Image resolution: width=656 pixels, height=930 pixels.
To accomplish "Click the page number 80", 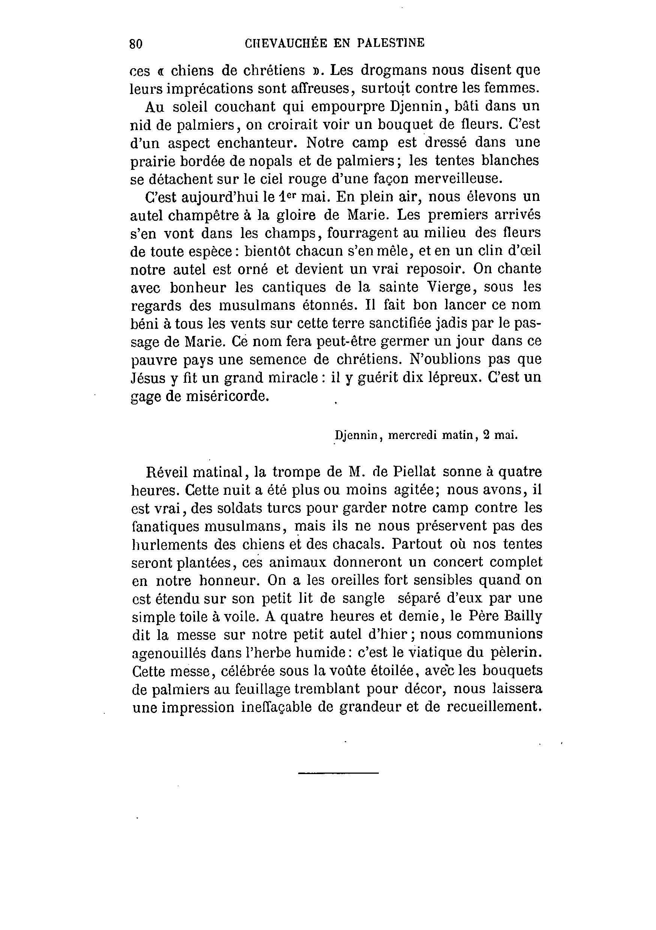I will [x=136, y=44].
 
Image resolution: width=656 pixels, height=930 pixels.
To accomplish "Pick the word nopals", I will [x=268, y=161].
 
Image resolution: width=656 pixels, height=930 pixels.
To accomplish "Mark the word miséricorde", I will [x=227, y=396].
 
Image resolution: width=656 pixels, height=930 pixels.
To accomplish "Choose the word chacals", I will [x=357, y=544].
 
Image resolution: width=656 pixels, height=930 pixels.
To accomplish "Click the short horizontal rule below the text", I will [x=338, y=773].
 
